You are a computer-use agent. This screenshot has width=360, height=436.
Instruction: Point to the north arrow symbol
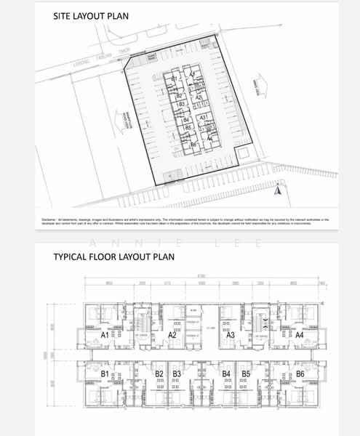(x=276, y=191)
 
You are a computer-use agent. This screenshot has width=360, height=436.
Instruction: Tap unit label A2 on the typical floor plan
(x=172, y=335)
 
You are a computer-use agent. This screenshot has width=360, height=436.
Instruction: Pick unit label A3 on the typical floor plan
(x=230, y=335)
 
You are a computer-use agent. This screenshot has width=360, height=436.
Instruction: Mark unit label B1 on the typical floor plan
(x=105, y=374)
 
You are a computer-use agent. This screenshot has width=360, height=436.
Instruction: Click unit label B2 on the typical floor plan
(x=159, y=374)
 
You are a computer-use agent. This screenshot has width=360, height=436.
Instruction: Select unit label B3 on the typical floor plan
(x=177, y=374)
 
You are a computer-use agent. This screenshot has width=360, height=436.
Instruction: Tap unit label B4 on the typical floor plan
(x=227, y=374)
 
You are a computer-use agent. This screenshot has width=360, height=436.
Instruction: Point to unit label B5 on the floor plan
(x=246, y=374)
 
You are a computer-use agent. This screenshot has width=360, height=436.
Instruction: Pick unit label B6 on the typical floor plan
(x=299, y=374)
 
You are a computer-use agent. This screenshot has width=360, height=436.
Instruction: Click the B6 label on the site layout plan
(x=193, y=145)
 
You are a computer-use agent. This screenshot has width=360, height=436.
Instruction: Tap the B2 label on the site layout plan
(x=179, y=95)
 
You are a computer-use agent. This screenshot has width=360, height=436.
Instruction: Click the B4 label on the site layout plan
(x=186, y=120)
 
